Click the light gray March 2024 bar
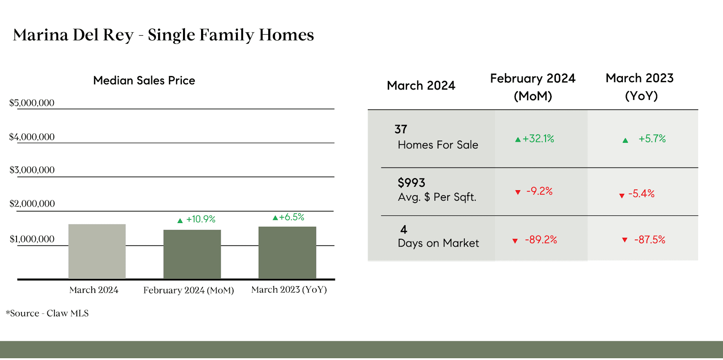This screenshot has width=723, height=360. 97,252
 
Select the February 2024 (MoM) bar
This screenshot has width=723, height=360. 192,254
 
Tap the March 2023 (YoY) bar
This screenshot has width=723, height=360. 287,253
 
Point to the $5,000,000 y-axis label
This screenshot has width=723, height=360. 32,103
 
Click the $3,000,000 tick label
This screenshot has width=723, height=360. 32,170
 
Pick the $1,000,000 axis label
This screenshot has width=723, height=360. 32,239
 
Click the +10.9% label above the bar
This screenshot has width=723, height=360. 201,219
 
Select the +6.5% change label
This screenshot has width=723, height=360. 291,217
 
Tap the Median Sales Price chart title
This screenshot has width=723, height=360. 144,80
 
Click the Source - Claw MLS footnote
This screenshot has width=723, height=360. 47,313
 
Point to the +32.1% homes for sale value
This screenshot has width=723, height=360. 538,139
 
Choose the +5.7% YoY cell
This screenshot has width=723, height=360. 652,139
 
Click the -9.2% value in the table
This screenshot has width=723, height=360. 539,191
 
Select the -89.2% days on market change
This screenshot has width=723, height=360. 541,239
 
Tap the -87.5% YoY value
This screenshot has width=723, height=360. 650,239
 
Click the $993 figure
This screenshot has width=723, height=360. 411,183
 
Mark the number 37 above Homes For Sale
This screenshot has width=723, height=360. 401,129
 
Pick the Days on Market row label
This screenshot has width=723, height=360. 438,243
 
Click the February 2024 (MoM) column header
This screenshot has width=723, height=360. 533,87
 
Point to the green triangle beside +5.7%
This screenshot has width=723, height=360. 625,140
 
